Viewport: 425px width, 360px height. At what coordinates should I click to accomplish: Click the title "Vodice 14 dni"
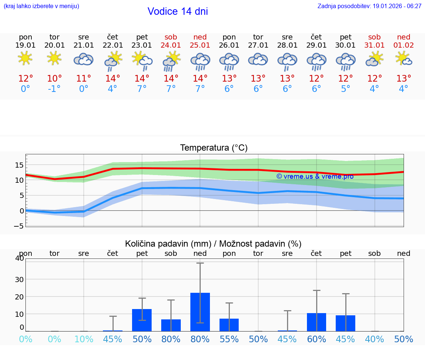(177, 11)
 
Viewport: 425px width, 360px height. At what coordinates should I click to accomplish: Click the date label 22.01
(113, 45)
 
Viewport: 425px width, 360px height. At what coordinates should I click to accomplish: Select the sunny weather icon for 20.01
(55, 58)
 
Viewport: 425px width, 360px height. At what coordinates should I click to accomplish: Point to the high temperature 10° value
(55, 78)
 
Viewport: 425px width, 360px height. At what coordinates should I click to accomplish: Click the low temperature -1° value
(54, 89)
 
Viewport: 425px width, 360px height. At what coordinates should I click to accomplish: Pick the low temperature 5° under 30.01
(345, 89)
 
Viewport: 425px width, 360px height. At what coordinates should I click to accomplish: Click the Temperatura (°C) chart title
(214, 148)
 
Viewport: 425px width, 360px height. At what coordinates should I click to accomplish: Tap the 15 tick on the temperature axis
(20, 165)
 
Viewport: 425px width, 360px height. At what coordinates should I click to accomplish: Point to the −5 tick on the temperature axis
(19, 226)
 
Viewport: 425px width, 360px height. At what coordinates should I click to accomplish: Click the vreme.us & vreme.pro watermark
(315, 176)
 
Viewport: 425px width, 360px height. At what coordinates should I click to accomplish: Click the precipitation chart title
(213, 244)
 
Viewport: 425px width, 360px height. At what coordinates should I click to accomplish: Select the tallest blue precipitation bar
(200, 312)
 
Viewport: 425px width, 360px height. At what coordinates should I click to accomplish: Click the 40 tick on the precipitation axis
(20, 258)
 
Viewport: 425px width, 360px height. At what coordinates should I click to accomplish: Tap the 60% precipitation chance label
(316, 339)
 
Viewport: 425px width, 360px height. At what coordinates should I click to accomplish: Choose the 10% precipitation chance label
(84, 339)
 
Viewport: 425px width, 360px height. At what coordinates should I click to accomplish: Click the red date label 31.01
(374, 45)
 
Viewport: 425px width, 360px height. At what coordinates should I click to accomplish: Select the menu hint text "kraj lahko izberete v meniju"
(41, 6)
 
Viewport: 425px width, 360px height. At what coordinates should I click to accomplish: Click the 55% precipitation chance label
(229, 339)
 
